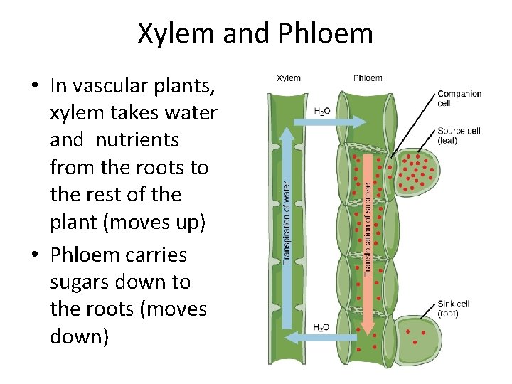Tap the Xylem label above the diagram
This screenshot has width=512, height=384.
[x=288, y=78]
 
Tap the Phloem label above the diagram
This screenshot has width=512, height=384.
[x=368, y=78]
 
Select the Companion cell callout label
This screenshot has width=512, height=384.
[x=459, y=98]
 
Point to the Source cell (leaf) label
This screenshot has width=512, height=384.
[x=459, y=135]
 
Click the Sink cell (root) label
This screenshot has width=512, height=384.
[x=454, y=309]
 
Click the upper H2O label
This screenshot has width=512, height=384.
[x=321, y=112]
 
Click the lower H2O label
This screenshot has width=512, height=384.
[x=321, y=327]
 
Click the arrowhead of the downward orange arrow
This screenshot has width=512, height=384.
[x=368, y=327]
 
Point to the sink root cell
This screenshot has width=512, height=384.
[x=420, y=338]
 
